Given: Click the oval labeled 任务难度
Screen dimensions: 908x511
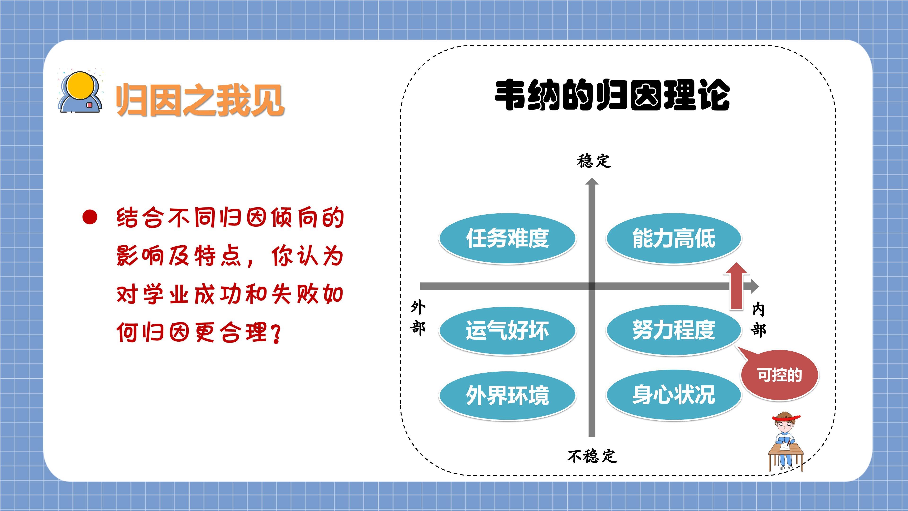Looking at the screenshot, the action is click(507, 238).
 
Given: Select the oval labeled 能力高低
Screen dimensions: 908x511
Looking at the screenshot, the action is click(674, 238).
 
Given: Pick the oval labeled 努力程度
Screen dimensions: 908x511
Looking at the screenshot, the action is click(674, 330).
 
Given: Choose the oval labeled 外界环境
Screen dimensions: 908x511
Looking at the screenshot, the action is click(507, 395).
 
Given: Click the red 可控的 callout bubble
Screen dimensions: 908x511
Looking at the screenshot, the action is click(779, 375).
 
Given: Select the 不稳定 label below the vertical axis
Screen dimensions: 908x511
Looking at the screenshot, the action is click(592, 456).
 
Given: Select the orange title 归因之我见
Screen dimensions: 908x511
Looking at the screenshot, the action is click(200, 100).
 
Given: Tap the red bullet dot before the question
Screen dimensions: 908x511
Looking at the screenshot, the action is click(90, 217).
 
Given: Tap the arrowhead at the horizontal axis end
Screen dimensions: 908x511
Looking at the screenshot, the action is click(755, 286).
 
